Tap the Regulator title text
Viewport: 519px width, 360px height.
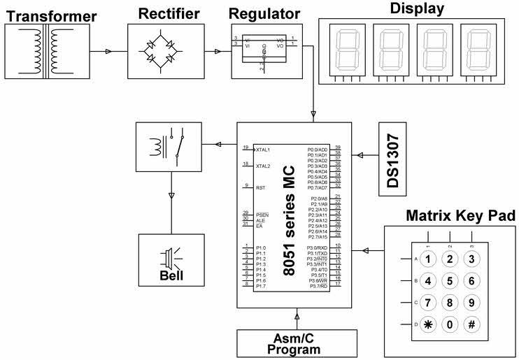264,13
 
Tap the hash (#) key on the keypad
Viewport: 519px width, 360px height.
472,324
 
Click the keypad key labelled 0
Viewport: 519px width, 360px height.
450,324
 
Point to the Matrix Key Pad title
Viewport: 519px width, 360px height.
460,216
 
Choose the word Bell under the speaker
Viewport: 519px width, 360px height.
171,275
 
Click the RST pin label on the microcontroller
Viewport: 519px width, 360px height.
260,187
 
